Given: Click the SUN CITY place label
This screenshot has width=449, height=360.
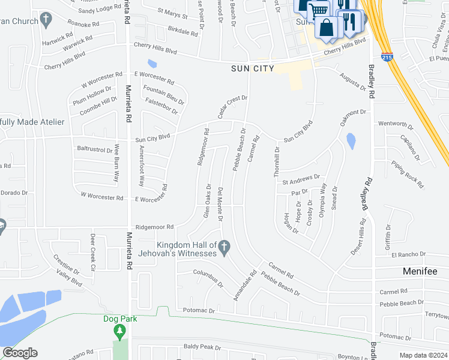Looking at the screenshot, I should pyautogui.click(x=253, y=68).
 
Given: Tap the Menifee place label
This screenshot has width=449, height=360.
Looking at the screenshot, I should pyautogui.click(x=419, y=271).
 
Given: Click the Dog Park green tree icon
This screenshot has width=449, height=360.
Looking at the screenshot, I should pyautogui.click(x=121, y=331).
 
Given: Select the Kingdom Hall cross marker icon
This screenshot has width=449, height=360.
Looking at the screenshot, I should pyautogui.click(x=224, y=245).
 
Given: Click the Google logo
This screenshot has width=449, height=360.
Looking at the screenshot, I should pyautogui.click(x=20, y=353).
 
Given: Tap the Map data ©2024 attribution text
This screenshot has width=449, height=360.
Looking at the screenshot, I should pyautogui.click(x=423, y=355).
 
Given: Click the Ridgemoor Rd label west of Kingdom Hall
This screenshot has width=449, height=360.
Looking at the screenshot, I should pyautogui.click(x=154, y=227).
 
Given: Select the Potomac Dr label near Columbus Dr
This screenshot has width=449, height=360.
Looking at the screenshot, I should pyautogui.click(x=200, y=311).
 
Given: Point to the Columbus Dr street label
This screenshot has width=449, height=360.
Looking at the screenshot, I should pyautogui.click(x=208, y=278).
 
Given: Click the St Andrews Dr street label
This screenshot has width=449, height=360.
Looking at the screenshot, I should pyautogui.click(x=301, y=179).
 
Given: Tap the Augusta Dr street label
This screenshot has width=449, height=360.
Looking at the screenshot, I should pyautogui.click(x=352, y=80).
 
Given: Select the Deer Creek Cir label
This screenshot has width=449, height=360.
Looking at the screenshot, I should pyautogui.click(x=93, y=251).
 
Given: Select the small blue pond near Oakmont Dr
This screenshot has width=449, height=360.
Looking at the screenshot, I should pyautogui.click(x=351, y=140).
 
